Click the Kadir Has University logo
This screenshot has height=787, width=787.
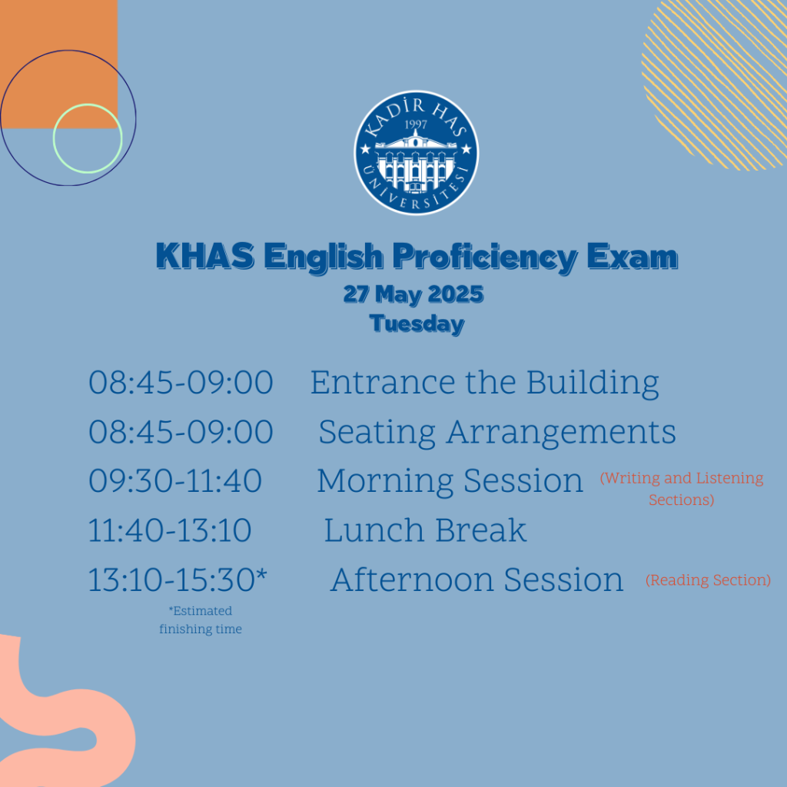(x=416, y=153)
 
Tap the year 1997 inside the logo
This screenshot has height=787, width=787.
(x=416, y=124)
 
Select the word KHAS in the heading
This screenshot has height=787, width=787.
(x=204, y=255)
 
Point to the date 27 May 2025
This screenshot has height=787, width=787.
(x=413, y=294)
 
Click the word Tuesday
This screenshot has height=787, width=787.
(x=417, y=324)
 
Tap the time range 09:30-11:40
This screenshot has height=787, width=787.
(x=175, y=481)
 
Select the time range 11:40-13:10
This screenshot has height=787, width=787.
(x=170, y=530)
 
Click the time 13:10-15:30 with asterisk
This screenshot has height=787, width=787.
(x=178, y=579)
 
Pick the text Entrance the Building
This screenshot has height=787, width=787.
(x=484, y=383)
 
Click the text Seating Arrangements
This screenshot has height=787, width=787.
(x=497, y=433)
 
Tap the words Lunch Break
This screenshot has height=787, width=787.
(x=425, y=530)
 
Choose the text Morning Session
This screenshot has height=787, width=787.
(x=450, y=481)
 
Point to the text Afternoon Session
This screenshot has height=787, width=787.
(x=477, y=579)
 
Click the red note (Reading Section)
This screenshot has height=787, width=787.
(x=708, y=580)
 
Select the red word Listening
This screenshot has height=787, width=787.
(x=730, y=478)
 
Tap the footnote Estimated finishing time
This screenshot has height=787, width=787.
(x=201, y=620)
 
